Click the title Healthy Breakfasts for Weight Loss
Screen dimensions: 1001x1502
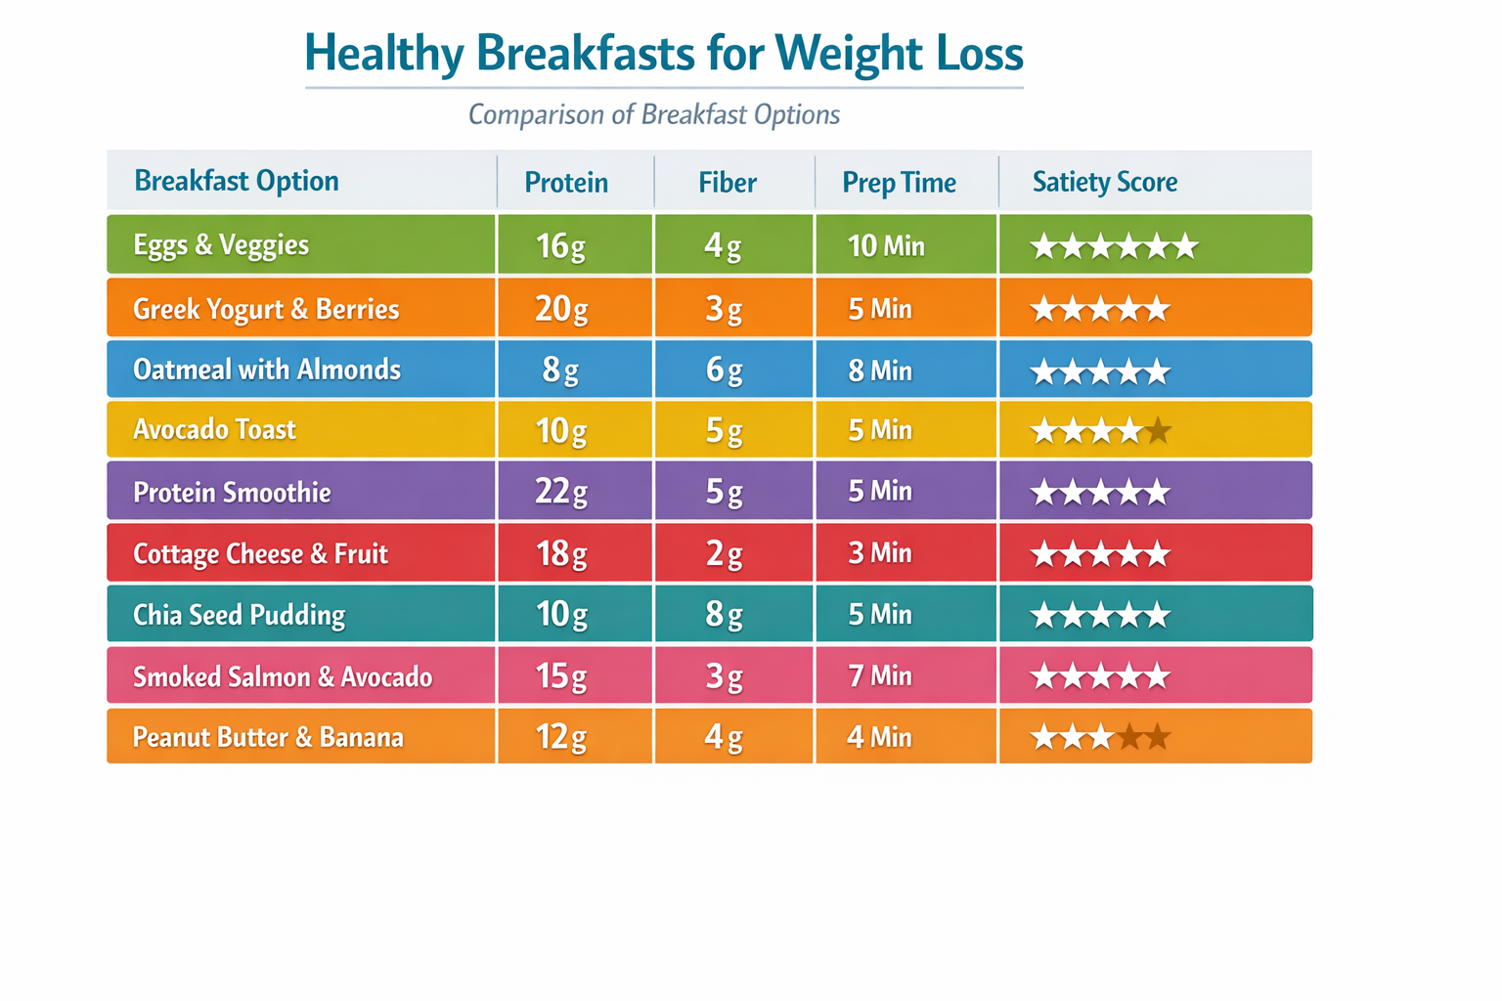[664, 54]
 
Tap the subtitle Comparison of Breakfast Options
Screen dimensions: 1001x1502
[653, 115]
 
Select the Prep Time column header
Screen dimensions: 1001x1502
[899, 183]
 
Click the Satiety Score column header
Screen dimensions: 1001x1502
[1104, 182]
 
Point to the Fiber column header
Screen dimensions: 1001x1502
[728, 183]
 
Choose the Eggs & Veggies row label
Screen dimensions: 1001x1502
[221, 244]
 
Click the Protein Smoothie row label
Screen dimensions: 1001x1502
[232, 492]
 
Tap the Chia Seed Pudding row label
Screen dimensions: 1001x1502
[239, 615]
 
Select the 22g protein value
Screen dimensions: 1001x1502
[560, 492]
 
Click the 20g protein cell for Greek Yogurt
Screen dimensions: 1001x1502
[560, 309]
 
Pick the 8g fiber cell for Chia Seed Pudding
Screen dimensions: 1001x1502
[724, 615]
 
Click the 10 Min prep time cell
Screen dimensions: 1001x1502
[886, 245]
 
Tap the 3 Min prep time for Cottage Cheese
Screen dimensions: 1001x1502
[880, 553]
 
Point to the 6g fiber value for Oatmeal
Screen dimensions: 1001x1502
[724, 370]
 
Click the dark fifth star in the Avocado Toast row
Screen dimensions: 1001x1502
[1158, 430]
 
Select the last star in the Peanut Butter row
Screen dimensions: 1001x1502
[1158, 737]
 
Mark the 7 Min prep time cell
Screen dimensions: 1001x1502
[880, 676]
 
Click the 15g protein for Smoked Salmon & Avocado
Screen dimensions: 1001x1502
[560, 676]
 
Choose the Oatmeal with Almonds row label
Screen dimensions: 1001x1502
[267, 370]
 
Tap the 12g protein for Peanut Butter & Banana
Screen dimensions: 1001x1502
[560, 737]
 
